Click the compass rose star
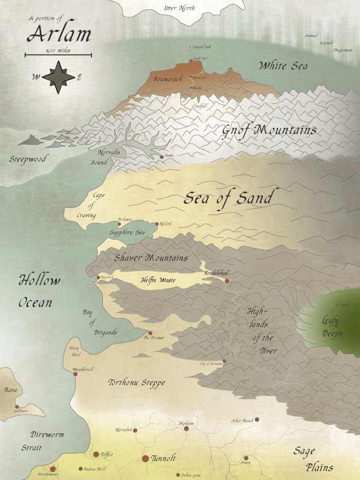(58, 77)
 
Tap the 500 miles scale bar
(58, 54)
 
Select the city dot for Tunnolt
(146, 458)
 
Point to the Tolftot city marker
(96, 454)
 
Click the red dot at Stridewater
(52, 469)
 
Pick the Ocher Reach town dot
(257, 420)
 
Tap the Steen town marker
(246, 458)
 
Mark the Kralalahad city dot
(226, 281)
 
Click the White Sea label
(282, 66)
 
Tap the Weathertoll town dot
(75, 374)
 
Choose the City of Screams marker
(224, 361)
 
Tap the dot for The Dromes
(150, 333)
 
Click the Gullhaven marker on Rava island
(17, 406)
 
